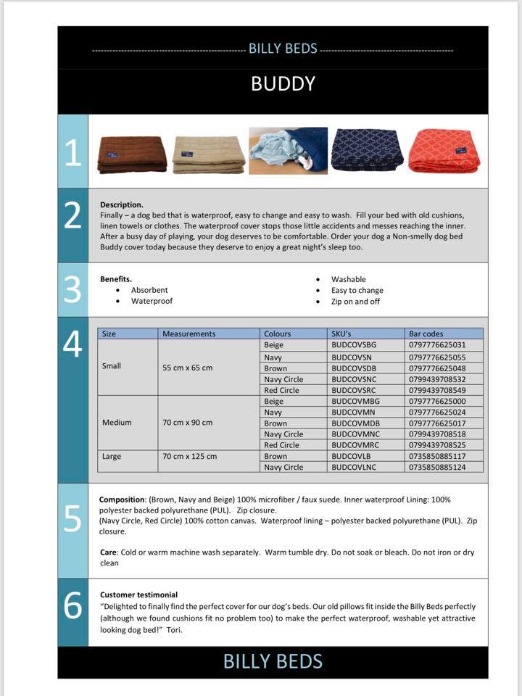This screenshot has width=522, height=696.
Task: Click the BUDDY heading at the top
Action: pyautogui.click(x=283, y=83)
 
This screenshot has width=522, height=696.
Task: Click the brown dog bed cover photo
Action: pyautogui.click(x=132, y=154)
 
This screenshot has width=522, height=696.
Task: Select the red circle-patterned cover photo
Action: pyautogui.click(x=444, y=151)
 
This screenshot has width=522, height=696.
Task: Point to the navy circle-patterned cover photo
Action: pyautogui.click(x=367, y=151)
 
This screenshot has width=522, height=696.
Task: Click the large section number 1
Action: pyautogui.click(x=72, y=152)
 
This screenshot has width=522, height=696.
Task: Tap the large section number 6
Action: pyautogui.click(x=72, y=606)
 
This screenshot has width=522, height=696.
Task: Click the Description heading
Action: pyautogui.click(x=122, y=204)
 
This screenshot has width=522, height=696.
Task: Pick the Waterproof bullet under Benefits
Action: pyautogui.click(x=152, y=301)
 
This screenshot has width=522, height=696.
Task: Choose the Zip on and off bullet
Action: pyautogui.click(x=355, y=301)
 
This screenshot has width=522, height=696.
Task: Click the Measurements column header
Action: pyautogui.click(x=188, y=334)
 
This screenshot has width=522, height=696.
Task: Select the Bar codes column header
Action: pyautogui.click(x=426, y=334)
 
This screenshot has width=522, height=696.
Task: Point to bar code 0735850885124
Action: pyautogui.click(x=437, y=468)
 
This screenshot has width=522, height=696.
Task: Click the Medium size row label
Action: pyautogui.click(x=117, y=423)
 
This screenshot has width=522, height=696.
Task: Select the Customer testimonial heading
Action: pyautogui.click(x=138, y=594)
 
